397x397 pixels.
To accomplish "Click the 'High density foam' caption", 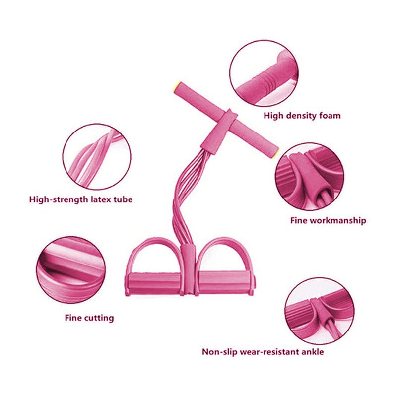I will coord(302,116).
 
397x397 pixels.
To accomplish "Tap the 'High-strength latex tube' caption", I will coord(81,200).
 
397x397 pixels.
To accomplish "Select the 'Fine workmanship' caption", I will coord(328,220).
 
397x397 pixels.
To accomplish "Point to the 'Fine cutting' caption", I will coord(89,318).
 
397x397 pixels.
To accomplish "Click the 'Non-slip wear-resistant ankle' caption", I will coord(263,352).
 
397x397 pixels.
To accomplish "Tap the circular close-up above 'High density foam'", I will coord(265,73).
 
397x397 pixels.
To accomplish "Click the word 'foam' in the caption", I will coord(330,116).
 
